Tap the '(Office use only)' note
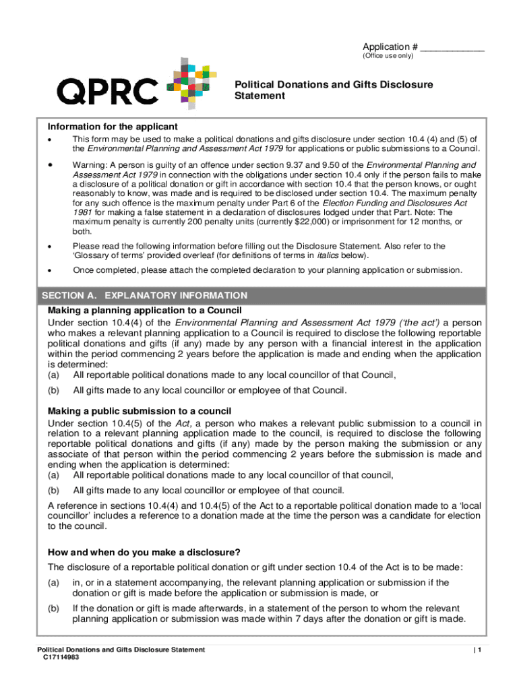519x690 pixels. pyautogui.click(x=388, y=56)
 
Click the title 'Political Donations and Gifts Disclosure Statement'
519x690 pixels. pyautogui.click(x=334, y=90)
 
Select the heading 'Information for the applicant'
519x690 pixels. pyautogui.click(x=113, y=127)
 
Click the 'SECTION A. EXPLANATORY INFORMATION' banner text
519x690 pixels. pyautogui.click(x=145, y=296)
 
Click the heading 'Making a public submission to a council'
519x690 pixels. pyautogui.click(x=140, y=411)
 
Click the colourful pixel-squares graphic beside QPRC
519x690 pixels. pyautogui.click(x=191, y=84)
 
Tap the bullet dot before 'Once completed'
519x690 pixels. pyautogui.click(x=50, y=270)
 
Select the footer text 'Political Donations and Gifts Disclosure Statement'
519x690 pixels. pyautogui.click(x=121, y=650)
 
